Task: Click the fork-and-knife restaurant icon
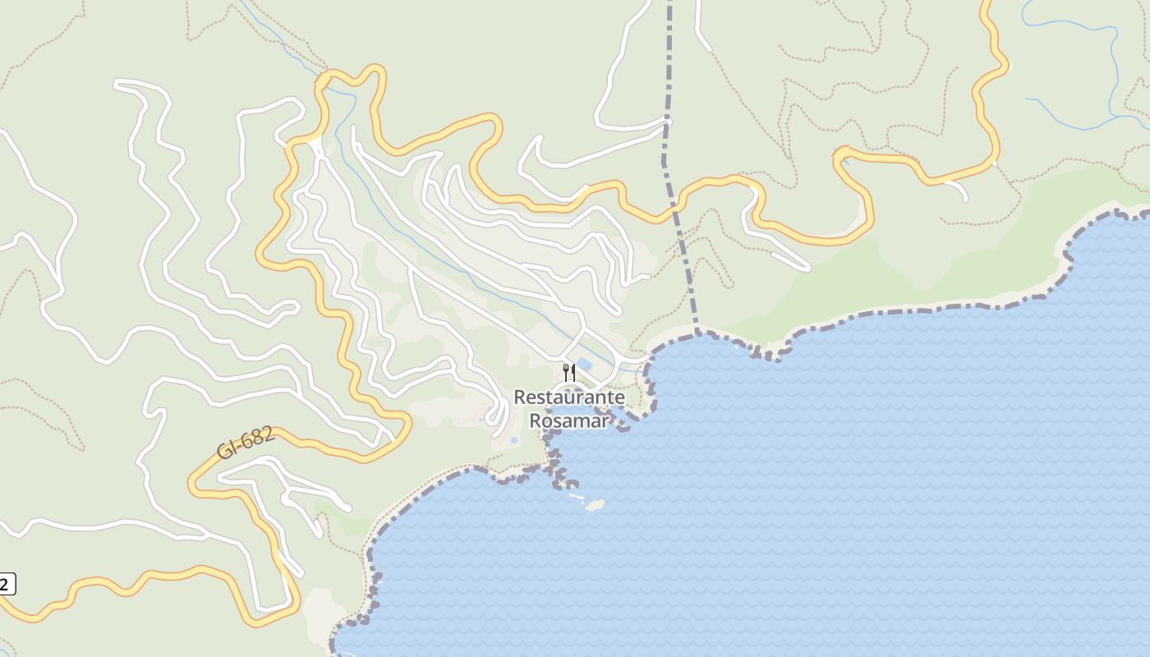[568, 373]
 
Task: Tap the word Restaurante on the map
[569, 397]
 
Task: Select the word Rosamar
[569, 421]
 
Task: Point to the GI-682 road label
[245, 443]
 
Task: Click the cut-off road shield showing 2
[7, 585]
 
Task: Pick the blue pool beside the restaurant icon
[584, 364]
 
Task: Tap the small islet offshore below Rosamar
[594, 504]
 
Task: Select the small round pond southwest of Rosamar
[514, 440]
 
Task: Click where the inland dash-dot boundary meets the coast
[698, 333]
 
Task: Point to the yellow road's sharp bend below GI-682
[194, 485]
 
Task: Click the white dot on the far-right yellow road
[994, 163]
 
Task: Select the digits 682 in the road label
[257, 437]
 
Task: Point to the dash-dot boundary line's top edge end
[669, 3]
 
